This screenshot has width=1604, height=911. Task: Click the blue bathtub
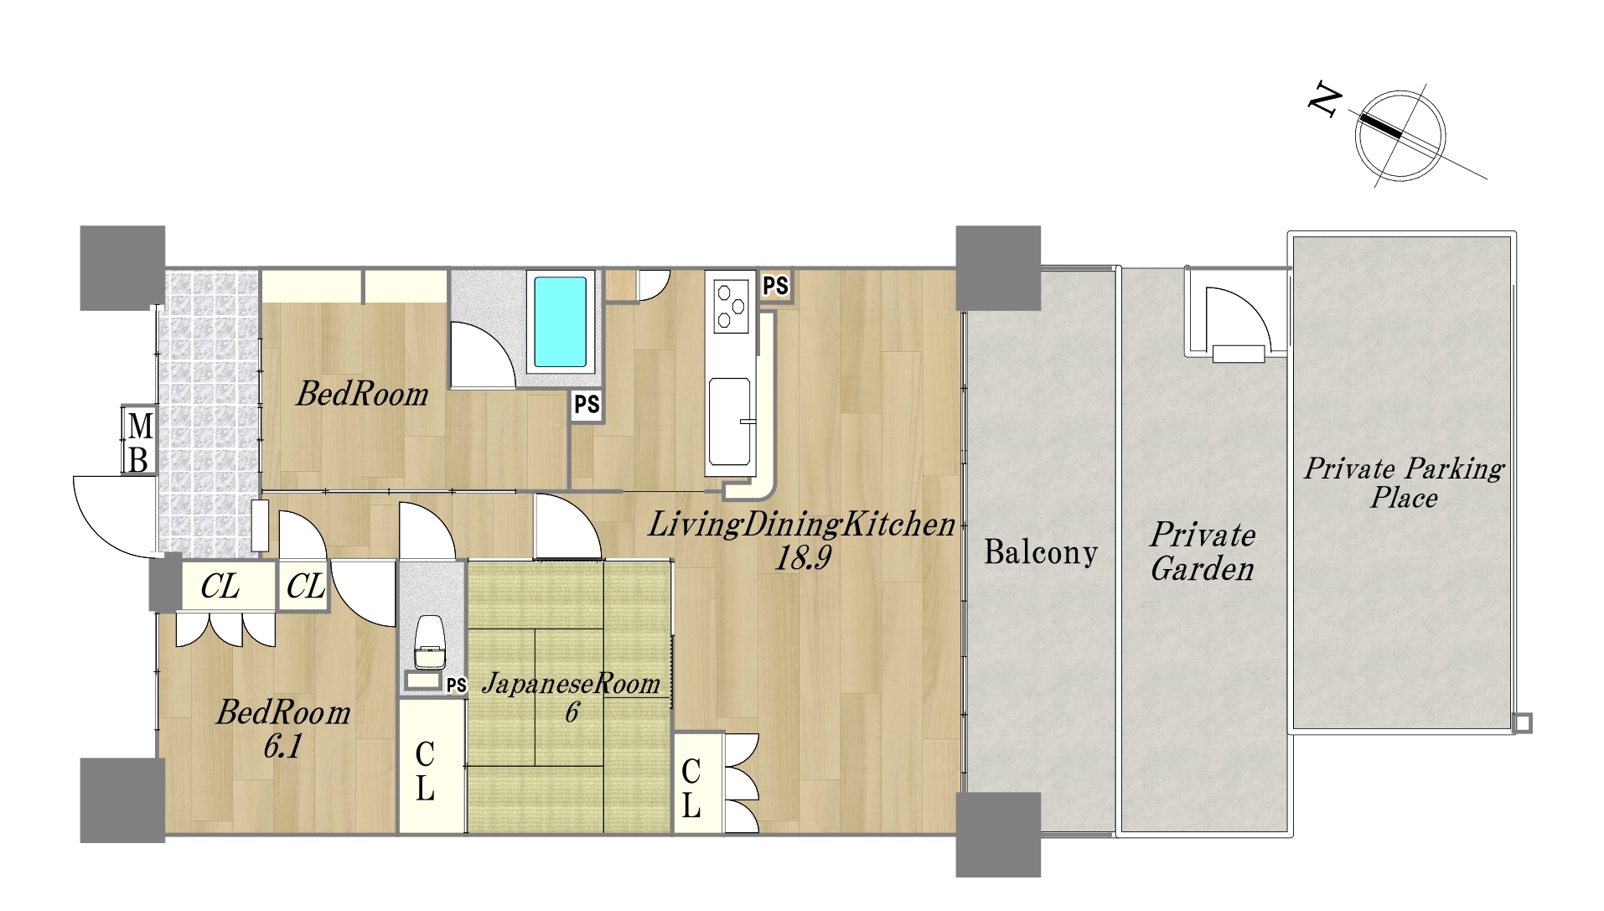[560, 322]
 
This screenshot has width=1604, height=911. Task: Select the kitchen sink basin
[729, 422]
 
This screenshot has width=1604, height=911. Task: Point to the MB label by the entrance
[139, 442]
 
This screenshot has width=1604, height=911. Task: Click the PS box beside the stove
[775, 286]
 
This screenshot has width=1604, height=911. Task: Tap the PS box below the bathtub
[587, 406]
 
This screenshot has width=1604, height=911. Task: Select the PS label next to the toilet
[456, 686]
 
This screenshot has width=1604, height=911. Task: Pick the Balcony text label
[1040, 552]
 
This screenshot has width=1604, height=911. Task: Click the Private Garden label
[1202, 551]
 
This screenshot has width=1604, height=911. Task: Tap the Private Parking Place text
[1404, 483]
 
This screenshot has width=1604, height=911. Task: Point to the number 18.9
[802, 557]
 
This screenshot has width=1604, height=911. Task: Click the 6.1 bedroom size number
[282, 746]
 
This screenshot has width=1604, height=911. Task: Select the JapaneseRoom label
[571, 684]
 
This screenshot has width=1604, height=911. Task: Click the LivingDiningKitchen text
[801, 525]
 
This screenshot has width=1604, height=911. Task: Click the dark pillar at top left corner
[122, 268]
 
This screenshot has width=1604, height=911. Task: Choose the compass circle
[1400, 135]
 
